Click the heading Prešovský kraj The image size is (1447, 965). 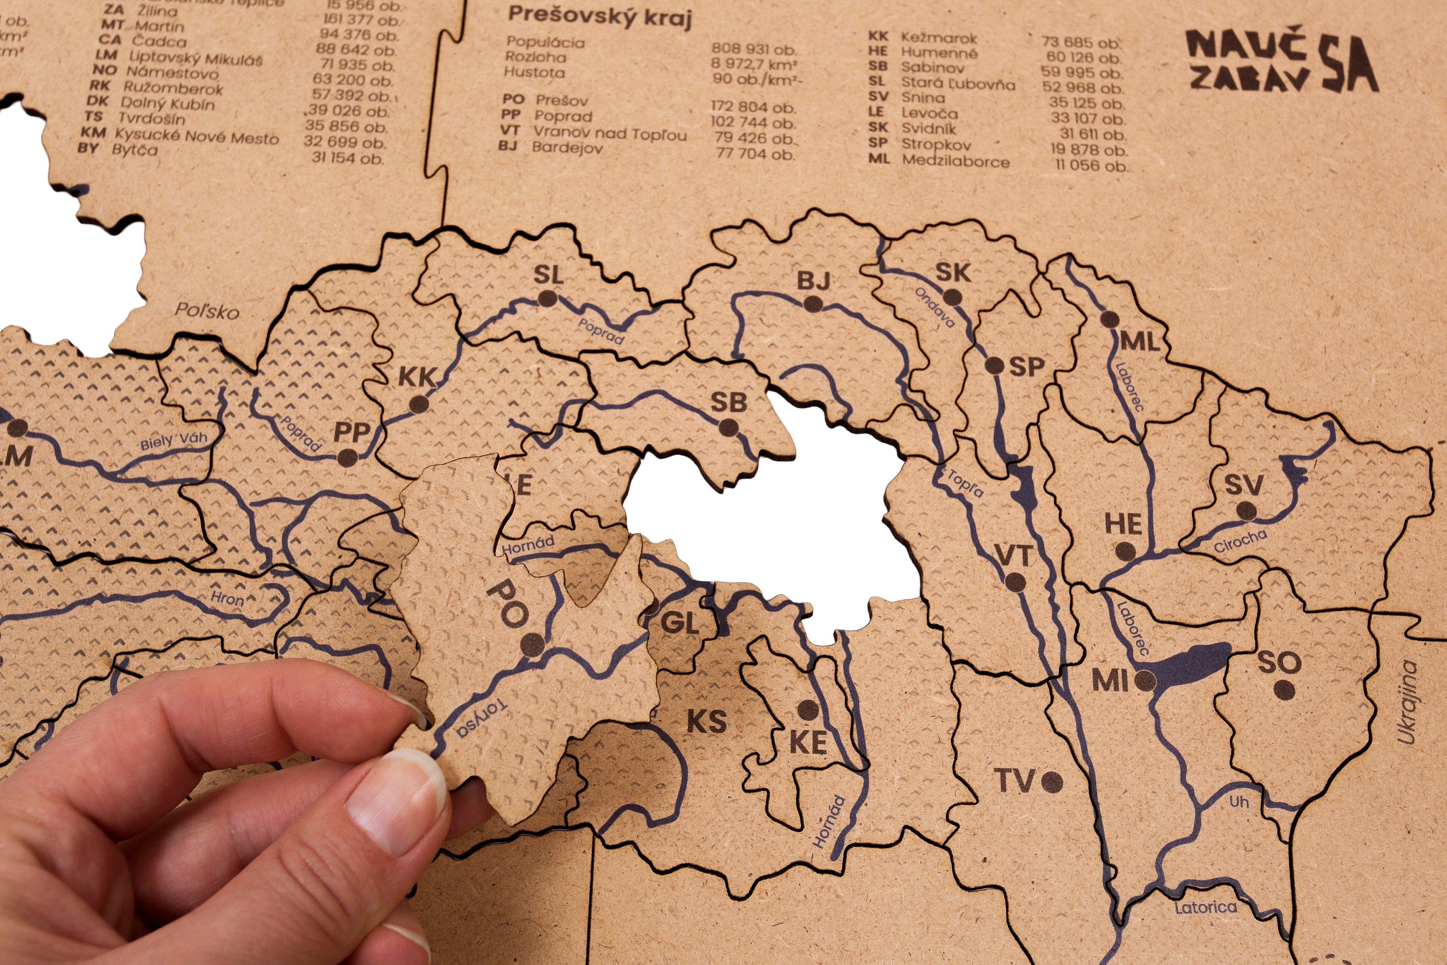click(600, 17)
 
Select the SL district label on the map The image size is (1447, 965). click(548, 274)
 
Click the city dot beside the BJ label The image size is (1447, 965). click(813, 304)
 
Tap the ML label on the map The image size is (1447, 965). click(1140, 342)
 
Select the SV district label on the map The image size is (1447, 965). click(1244, 485)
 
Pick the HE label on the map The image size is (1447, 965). click(1123, 524)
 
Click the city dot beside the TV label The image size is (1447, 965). click(1052, 782)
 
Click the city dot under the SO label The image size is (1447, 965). click(1283, 690)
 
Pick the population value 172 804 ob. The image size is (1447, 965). click(753, 107)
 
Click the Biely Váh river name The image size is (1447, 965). click(174, 441)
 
